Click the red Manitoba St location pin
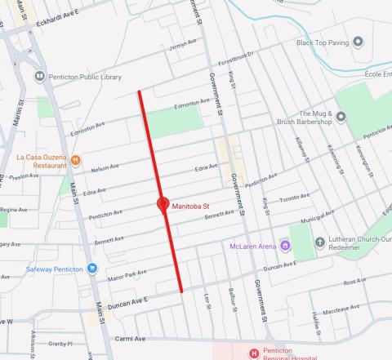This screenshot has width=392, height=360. [163, 204]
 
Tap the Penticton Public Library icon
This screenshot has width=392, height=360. [39, 77]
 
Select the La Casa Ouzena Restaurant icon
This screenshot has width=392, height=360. [75, 159]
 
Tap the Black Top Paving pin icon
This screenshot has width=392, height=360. [358, 42]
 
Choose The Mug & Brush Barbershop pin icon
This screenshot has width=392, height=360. [341, 117]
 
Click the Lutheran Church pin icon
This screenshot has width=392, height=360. [321, 242]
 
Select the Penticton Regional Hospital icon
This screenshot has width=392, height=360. [253, 353]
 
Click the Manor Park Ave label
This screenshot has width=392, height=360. [126, 273]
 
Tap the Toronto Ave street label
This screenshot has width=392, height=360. [295, 198]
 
